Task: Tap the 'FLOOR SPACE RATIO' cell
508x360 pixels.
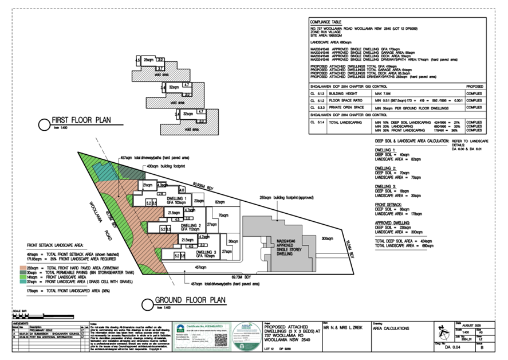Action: point(348,99)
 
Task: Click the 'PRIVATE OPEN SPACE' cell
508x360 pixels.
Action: point(347,107)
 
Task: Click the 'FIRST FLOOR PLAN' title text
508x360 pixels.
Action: point(81,121)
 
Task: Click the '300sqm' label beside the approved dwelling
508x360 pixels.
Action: point(327,238)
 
